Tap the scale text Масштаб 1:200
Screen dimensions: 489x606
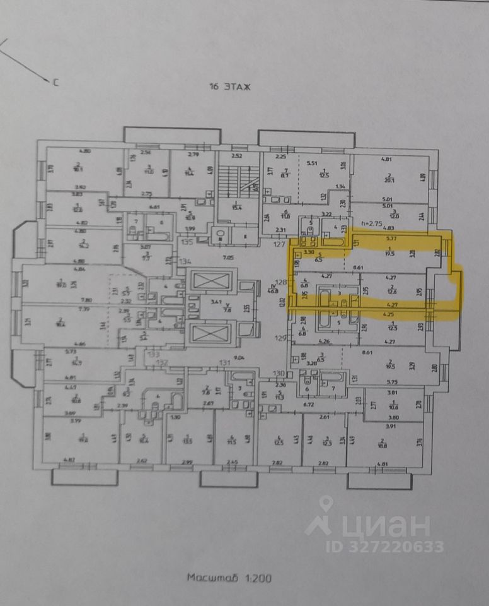[229, 578]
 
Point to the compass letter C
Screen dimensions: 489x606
[55, 81]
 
